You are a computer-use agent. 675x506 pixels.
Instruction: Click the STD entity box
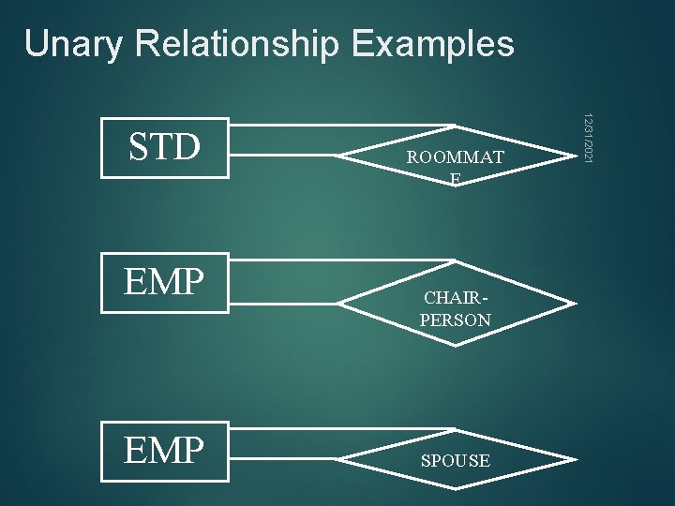[x=165, y=147]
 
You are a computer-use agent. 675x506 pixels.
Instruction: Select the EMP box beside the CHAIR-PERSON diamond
[x=165, y=281]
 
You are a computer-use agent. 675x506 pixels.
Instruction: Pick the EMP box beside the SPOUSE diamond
[x=165, y=450]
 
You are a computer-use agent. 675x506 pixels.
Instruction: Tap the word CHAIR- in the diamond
[x=457, y=298]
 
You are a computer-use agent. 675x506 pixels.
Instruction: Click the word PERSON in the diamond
[x=456, y=320]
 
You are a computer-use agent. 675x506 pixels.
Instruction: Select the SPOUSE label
[x=456, y=460]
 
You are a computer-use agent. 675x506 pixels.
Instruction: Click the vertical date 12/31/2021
[x=586, y=141]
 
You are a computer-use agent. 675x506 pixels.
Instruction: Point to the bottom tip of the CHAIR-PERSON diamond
[x=456, y=346]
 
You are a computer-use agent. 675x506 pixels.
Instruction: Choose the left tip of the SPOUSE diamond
[x=338, y=459]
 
